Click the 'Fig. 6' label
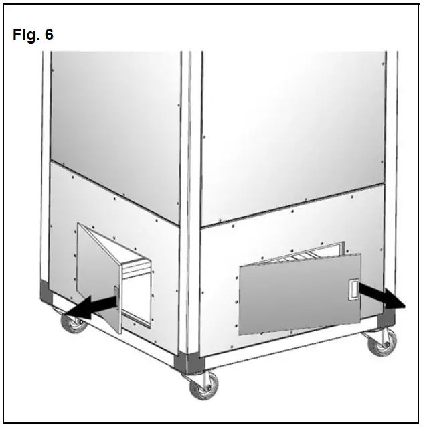[x=33, y=35]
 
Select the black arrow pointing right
[x=382, y=295]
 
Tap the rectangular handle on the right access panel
[x=350, y=290]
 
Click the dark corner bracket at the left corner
[x=45, y=292]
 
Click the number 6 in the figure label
[x=49, y=35]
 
